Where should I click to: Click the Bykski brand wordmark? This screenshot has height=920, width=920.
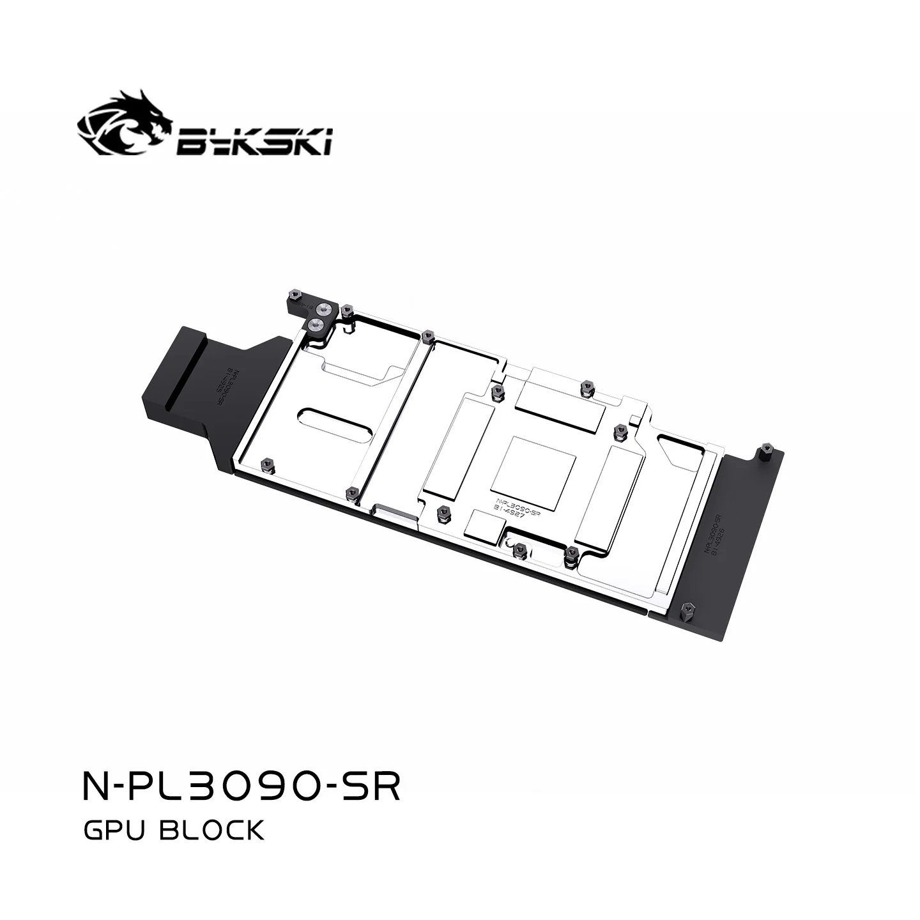[254, 141]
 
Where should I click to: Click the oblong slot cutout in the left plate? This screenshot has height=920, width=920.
[332, 422]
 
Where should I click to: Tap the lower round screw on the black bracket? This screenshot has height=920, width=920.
[314, 325]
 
